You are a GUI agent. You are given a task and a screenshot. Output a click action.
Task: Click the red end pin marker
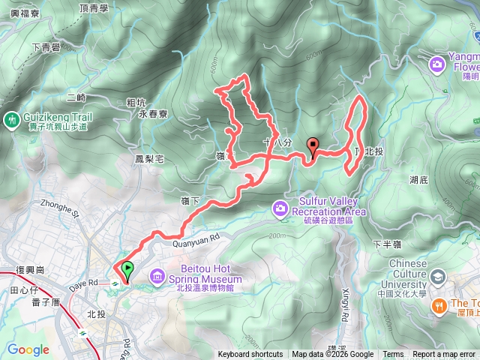point(313,146)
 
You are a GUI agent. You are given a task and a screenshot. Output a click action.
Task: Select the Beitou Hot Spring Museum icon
point(157,277)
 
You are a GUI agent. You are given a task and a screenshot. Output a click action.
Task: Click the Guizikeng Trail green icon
point(11,119)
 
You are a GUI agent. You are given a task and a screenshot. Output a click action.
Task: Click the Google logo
point(28,349)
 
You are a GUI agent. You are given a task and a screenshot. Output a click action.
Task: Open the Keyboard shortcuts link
point(250,355)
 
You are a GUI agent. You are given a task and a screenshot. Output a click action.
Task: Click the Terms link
point(393,355)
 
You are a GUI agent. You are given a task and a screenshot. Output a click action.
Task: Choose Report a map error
point(444,355)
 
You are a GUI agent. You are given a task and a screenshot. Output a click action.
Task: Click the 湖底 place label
point(418,180)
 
